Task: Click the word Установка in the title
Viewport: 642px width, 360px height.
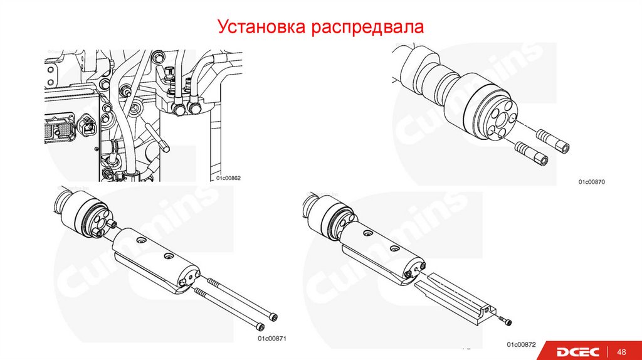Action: [261, 26]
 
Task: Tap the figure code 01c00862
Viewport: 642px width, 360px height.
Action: [228, 178]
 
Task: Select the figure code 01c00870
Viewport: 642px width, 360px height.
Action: [591, 181]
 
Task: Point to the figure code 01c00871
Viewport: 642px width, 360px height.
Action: [272, 338]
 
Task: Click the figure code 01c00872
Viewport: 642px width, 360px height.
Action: [521, 344]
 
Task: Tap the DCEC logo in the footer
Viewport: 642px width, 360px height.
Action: [577, 351]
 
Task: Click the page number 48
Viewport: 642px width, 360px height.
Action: [621, 352]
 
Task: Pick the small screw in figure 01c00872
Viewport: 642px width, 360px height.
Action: [505, 320]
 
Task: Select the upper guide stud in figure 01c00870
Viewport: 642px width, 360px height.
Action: [552, 140]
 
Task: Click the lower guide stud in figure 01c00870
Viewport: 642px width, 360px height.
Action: [532, 154]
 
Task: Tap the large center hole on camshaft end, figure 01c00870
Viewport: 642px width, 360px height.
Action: [502, 120]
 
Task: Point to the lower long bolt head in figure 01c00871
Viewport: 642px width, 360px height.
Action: [260, 326]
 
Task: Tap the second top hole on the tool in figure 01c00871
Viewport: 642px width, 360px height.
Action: [168, 257]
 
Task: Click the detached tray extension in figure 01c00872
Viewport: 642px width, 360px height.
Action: [455, 299]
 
